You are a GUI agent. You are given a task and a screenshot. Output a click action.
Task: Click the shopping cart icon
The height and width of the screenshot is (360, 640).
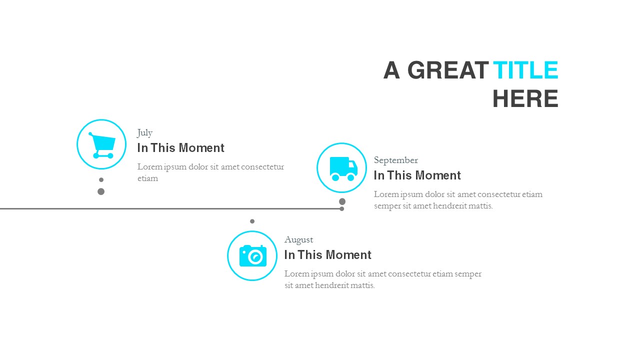pos(102,145)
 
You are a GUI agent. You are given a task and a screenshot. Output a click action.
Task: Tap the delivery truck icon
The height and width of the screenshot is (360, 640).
pos(343,168)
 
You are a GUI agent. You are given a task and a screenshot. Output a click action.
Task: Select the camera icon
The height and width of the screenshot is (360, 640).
pos(252,255)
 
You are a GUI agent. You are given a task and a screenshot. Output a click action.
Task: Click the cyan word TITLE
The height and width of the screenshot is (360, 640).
pos(525,70)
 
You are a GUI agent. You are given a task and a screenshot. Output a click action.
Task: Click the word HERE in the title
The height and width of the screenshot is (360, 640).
pos(525,99)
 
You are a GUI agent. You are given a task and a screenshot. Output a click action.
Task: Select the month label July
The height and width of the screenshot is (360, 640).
pos(145,132)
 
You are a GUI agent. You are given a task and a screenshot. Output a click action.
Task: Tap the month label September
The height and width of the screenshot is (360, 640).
pos(395,160)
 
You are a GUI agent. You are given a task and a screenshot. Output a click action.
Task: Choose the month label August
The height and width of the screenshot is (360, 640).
pos(298,239)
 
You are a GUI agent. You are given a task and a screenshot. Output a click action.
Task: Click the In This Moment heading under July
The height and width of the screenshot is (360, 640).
pos(180,148)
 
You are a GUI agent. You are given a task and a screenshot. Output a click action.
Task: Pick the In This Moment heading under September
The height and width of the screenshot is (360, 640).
pos(417,175)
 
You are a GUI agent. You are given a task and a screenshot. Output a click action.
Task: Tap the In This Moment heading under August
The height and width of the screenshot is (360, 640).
pos(327,255)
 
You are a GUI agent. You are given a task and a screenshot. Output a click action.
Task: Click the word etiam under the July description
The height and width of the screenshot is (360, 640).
pos(147,178)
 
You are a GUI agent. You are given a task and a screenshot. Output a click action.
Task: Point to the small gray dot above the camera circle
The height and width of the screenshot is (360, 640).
pos(252,221)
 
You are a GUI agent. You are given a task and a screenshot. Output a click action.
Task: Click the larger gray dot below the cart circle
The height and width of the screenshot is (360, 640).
pos(101,191)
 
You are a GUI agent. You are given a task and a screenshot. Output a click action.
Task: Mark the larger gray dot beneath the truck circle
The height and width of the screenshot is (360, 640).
pos(342,201)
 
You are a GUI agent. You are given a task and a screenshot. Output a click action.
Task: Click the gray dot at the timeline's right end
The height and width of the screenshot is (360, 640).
pos(342,208)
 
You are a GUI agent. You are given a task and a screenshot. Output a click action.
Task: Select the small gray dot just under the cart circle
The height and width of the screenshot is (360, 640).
pos(101,179)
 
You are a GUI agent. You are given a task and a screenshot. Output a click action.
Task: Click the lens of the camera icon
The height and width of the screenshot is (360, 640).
pos(255,257)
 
